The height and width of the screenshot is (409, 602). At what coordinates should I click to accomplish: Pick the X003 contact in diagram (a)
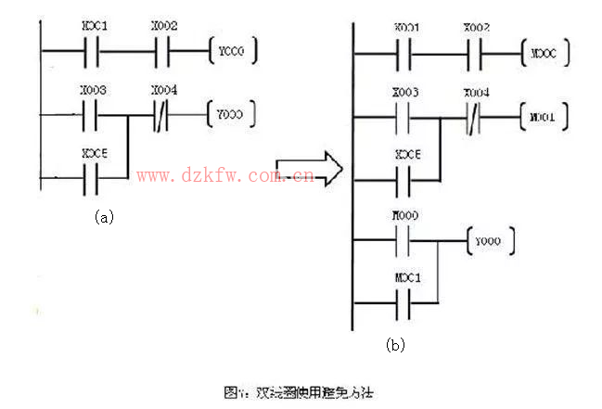click(x=91, y=117)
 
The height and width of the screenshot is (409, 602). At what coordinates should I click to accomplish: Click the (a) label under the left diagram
click(x=104, y=216)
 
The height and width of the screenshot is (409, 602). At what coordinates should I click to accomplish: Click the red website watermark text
click(x=225, y=173)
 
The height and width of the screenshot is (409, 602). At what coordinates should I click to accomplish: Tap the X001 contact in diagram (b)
click(x=404, y=56)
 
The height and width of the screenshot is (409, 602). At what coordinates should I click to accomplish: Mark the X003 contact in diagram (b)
click(x=404, y=120)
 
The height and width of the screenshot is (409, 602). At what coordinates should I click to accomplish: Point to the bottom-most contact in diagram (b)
click(x=404, y=301)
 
